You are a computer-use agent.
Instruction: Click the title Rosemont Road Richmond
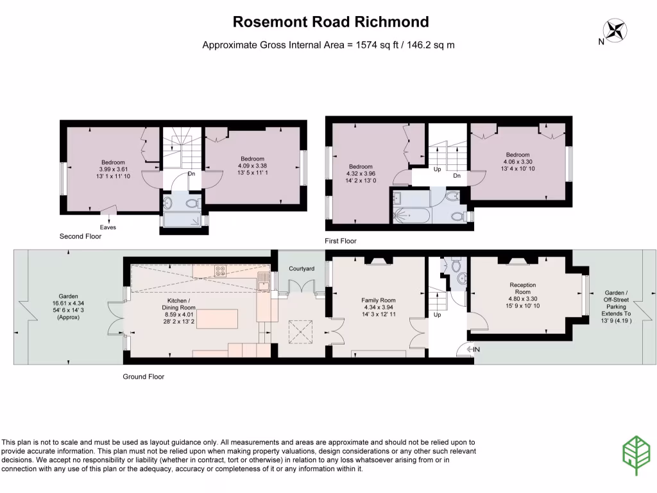(330, 22)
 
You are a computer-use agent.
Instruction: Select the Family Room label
(379, 300)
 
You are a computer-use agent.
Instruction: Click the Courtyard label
(302, 268)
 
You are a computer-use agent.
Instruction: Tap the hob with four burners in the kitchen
(220, 271)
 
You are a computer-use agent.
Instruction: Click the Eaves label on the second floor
(108, 227)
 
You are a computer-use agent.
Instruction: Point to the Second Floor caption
(80, 237)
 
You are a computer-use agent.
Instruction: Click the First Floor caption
(340, 241)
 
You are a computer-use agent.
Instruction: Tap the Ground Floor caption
(143, 377)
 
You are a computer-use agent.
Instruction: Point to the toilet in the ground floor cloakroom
(456, 265)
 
